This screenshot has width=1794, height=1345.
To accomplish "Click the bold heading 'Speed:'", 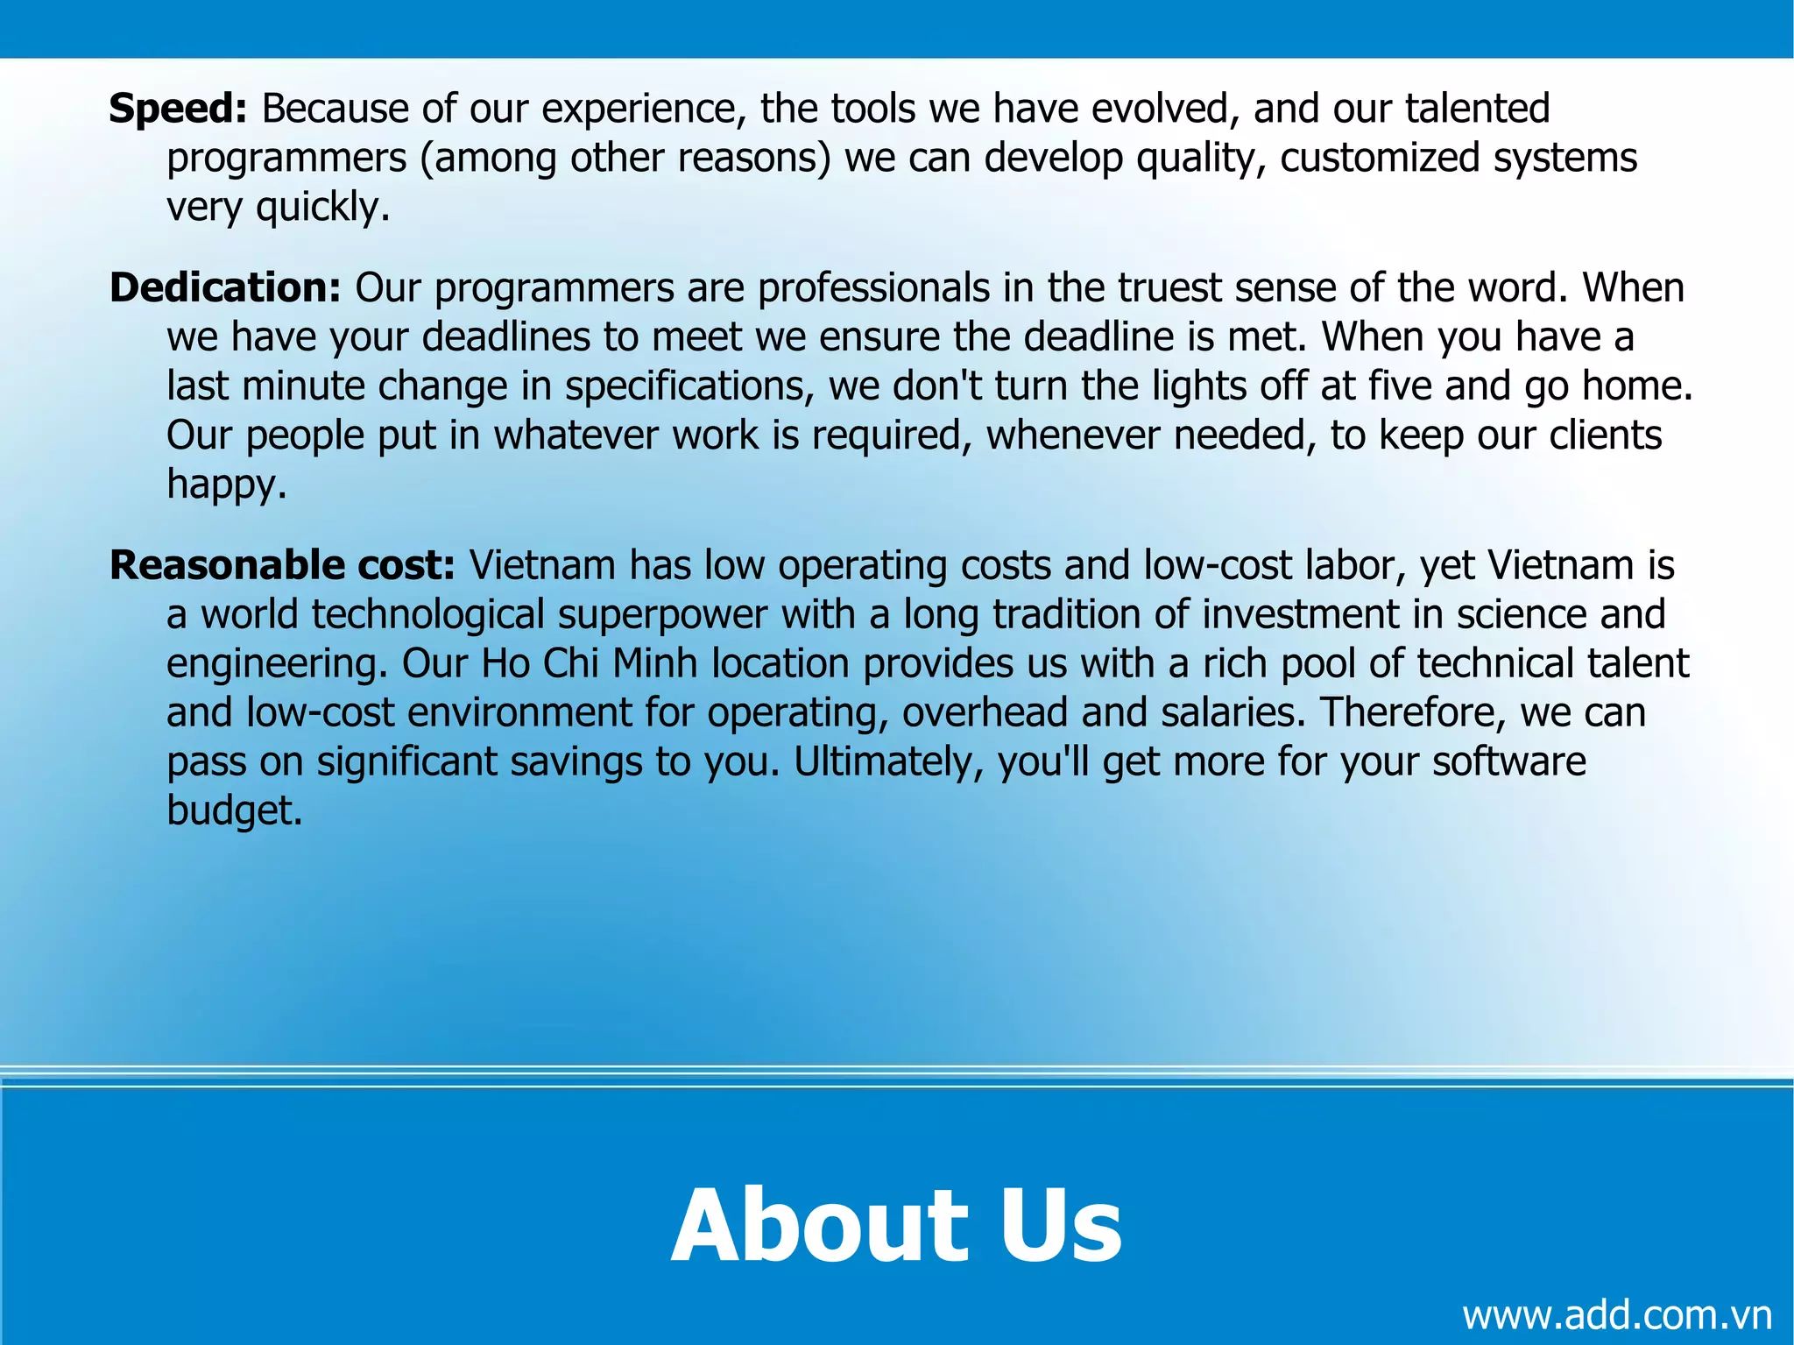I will [178, 109].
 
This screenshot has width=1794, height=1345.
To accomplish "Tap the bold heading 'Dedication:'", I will [225, 288].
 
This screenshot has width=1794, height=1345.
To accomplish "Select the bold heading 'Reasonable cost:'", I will [282, 565].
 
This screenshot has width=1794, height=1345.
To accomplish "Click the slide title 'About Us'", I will [896, 1224].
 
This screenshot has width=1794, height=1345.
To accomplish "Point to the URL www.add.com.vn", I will [1616, 1314].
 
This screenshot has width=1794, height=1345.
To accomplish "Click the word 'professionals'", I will [873, 288].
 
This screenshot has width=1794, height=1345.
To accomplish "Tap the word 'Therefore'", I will [1413, 712].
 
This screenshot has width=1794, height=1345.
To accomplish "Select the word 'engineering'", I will [272, 664].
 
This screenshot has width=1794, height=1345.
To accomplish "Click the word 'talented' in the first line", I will [1477, 109].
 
